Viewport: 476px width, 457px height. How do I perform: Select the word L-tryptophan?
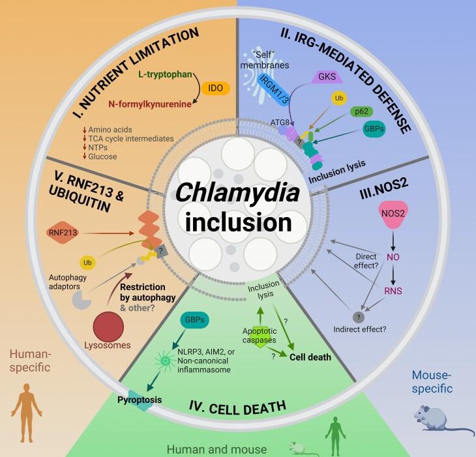click(x=164, y=75)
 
